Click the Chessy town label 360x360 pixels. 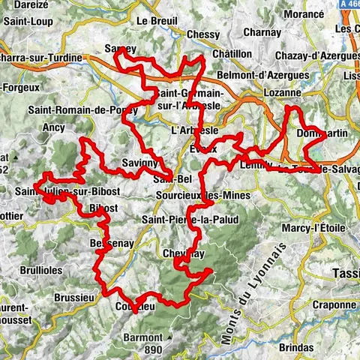pos(203,34)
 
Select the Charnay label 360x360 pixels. pos(262,33)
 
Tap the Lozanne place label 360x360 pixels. pos(281,93)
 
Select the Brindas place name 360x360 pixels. pos(297,348)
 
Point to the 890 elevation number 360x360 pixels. pos(153,349)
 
